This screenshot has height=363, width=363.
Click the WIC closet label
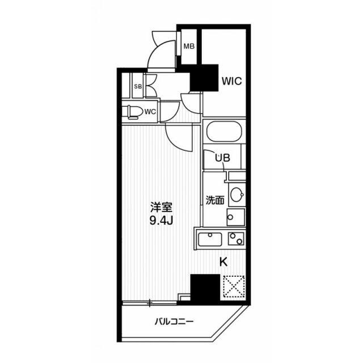click(232, 81)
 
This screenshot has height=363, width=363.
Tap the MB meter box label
click(189, 47)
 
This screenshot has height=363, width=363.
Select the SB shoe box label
click(138, 87)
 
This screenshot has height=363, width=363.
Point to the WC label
click(150, 112)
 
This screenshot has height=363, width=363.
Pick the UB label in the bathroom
click(222, 158)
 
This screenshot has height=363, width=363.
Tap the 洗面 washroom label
click(215, 200)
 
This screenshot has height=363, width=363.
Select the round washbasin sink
click(237, 194)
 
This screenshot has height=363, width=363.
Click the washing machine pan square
click(236, 217)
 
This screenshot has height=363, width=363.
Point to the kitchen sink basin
click(210, 239)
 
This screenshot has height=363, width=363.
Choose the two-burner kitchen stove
click(236, 238)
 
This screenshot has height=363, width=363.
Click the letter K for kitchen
click(223, 262)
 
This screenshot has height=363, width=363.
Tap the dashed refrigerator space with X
click(234, 286)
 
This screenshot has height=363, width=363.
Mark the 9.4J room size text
click(161, 221)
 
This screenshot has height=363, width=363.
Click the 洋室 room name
click(161, 208)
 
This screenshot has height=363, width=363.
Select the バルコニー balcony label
click(174, 322)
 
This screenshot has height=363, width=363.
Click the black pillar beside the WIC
click(204, 78)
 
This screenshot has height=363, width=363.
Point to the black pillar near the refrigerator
click(205, 289)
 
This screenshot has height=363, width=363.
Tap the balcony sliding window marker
click(150, 303)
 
